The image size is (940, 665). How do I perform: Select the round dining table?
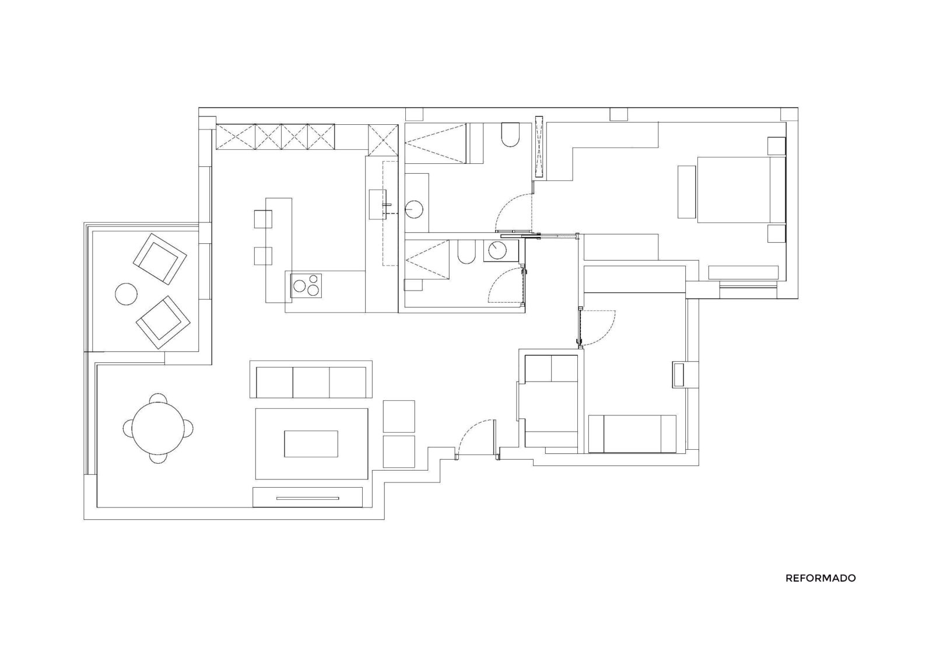click(159, 428)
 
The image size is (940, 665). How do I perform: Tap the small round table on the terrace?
click(126, 294)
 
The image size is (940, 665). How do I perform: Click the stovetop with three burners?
click(306, 285)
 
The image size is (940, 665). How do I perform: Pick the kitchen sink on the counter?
click(378, 204)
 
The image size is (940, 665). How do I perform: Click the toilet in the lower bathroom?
click(466, 251)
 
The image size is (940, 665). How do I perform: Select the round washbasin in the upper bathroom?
click(415, 209)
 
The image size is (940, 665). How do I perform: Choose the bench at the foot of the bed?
click(686, 191)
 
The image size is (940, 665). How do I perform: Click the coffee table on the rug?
click(311, 444)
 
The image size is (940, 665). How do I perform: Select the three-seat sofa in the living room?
click(311, 379)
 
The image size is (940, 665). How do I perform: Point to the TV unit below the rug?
click(307, 497)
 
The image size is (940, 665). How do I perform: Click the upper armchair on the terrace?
click(160, 258)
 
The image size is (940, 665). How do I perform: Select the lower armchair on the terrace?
click(163, 322)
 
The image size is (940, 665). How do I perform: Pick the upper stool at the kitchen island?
click(263, 219)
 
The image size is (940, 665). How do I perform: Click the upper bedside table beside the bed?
click(776, 146)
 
